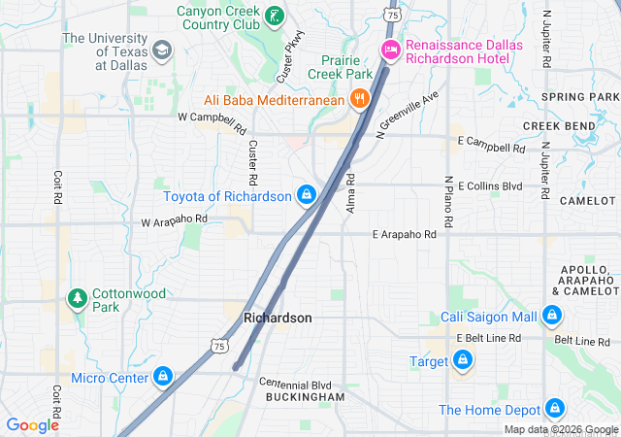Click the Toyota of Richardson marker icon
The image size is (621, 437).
[x=307, y=195]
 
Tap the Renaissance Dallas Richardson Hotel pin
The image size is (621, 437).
[x=390, y=50]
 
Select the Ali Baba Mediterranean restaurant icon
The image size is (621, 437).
[x=359, y=98]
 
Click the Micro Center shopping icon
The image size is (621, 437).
[x=163, y=376]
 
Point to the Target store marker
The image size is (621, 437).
[x=461, y=361]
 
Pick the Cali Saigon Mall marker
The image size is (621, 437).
[x=551, y=316]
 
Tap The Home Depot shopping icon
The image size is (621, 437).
[x=555, y=409]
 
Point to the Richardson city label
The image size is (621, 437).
[x=278, y=318]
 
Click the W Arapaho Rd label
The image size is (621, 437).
[x=175, y=220]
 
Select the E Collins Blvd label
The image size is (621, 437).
[x=490, y=185]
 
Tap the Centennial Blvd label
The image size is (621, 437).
[x=295, y=384]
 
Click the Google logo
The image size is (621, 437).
[x=33, y=424]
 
